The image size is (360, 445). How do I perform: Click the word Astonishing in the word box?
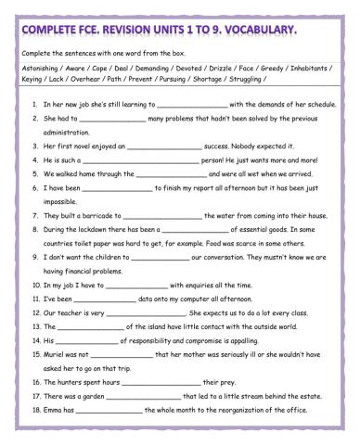(x=41, y=69)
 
